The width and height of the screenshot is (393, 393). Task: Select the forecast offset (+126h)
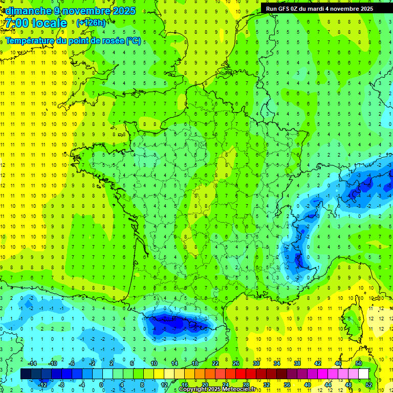(x=91, y=23)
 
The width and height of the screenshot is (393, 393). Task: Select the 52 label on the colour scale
(x=369, y=385)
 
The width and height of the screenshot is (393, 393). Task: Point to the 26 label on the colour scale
(x=236, y=363)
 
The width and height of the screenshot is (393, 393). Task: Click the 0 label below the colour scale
(x=102, y=385)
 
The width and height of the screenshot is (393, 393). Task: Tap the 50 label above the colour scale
(x=359, y=363)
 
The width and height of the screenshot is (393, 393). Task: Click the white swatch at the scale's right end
(x=363, y=374)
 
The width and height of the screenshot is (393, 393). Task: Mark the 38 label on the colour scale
(x=297, y=363)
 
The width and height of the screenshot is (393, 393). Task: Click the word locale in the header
(x=50, y=23)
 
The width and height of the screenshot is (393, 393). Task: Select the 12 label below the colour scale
(x=164, y=385)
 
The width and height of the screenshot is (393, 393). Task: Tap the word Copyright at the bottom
(x=193, y=389)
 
